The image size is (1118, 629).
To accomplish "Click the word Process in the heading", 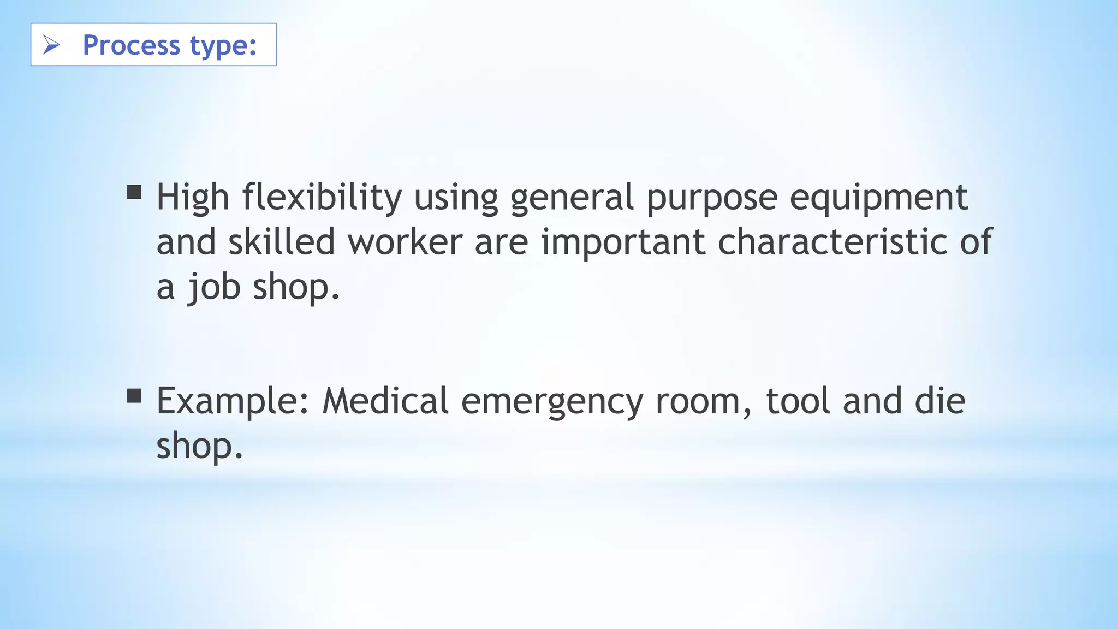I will coord(131,45).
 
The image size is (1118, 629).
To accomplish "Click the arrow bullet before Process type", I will coord(51,45).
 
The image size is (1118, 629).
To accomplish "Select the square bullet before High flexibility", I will coord(134,192).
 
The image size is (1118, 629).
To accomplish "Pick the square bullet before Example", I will coord(134,396).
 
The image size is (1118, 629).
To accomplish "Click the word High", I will coord(193,197).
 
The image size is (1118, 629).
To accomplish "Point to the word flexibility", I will coord(322,197).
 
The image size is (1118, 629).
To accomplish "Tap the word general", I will coord(572,198).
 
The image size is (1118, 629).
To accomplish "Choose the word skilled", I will coord(281,242).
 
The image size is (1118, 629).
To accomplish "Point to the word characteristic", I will coord(832,242).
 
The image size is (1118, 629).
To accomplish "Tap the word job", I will coord(214,288).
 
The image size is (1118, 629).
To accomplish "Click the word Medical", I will coord(385,401).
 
